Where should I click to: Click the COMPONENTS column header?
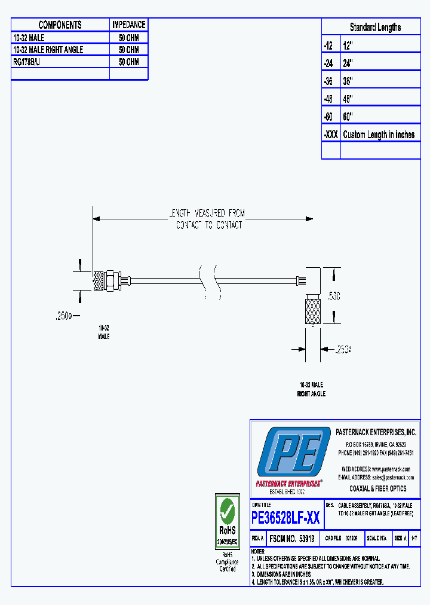click(60, 25)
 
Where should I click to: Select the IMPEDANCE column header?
click(128, 25)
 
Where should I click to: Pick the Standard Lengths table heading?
click(375, 27)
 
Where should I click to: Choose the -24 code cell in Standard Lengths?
click(330, 63)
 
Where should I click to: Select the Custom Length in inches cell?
click(379, 135)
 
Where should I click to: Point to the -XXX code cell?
click(331, 135)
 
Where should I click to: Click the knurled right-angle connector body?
click(313, 310)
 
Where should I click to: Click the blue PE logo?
click(293, 453)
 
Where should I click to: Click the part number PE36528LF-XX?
click(286, 518)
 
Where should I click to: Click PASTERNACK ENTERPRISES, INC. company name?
click(376, 432)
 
